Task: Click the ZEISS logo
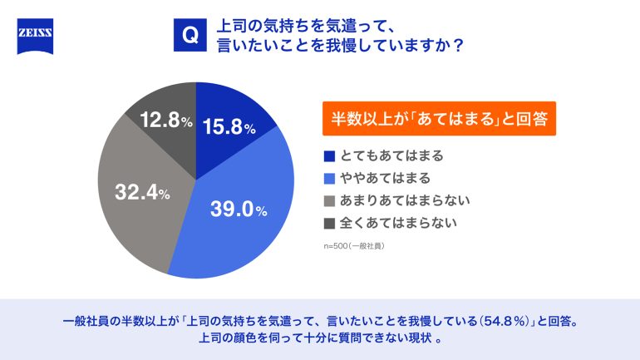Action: point(35,37)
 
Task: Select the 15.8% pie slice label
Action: point(227,127)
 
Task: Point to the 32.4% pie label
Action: point(142,194)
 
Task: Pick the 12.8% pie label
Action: point(165,121)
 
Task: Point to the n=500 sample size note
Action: point(354,246)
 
